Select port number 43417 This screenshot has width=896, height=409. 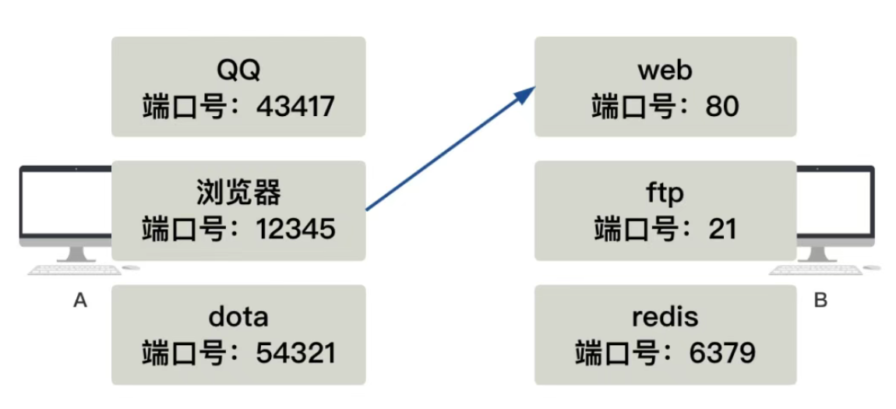pyautogui.click(x=296, y=105)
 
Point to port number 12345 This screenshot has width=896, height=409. pyautogui.click(x=296, y=228)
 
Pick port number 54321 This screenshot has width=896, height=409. pyautogui.click(x=296, y=353)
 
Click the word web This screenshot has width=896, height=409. pyautogui.click(x=665, y=70)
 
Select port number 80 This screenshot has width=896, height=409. pyautogui.click(x=721, y=105)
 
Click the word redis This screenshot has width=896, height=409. pyautogui.click(x=665, y=317)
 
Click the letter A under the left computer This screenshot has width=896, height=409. pyautogui.click(x=79, y=301)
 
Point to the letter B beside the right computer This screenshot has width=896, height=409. pyautogui.click(x=820, y=301)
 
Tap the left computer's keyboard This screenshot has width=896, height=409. pyautogui.click(x=74, y=270)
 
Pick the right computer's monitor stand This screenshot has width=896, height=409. pyautogui.click(x=817, y=254)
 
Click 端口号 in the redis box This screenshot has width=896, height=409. pyautogui.click(x=623, y=353)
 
